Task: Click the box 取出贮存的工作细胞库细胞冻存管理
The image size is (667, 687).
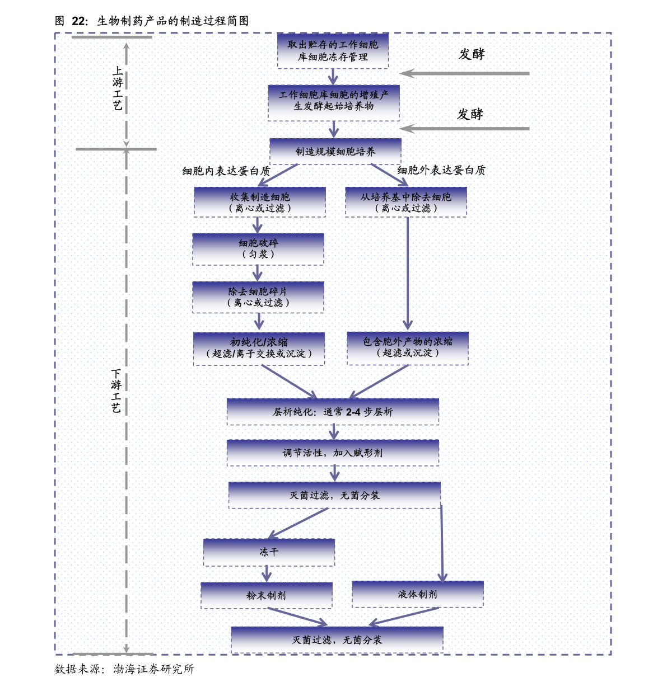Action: [333, 50]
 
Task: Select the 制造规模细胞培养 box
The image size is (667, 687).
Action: [335, 151]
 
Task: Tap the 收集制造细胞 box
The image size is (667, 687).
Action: [260, 201]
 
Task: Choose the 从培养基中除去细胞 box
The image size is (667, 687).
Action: [406, 201]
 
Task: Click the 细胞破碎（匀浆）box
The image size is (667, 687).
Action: [258, 249]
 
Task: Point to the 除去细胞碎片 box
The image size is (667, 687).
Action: [258, 297]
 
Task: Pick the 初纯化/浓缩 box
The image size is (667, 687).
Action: [259, 349]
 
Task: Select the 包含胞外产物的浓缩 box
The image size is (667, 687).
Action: [408, 348]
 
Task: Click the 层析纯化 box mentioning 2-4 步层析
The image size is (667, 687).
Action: [333, 412]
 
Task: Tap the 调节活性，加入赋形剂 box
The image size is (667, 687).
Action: [333, 453]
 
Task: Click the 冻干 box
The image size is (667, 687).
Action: [269, 552]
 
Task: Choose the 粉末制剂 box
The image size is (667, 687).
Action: [267, 595]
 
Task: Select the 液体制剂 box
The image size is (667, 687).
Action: [417, 594]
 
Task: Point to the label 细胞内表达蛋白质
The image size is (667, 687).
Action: [226, 171]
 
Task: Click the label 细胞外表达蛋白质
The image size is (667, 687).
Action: [441, 170]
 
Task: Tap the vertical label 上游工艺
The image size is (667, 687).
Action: [118, 88]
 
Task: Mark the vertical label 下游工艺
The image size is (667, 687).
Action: [116, 391]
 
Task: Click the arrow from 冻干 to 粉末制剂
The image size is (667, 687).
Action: [267, 574]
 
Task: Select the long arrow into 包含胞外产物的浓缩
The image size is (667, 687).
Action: [408, 274]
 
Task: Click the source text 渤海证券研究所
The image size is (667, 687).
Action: [154, 669]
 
